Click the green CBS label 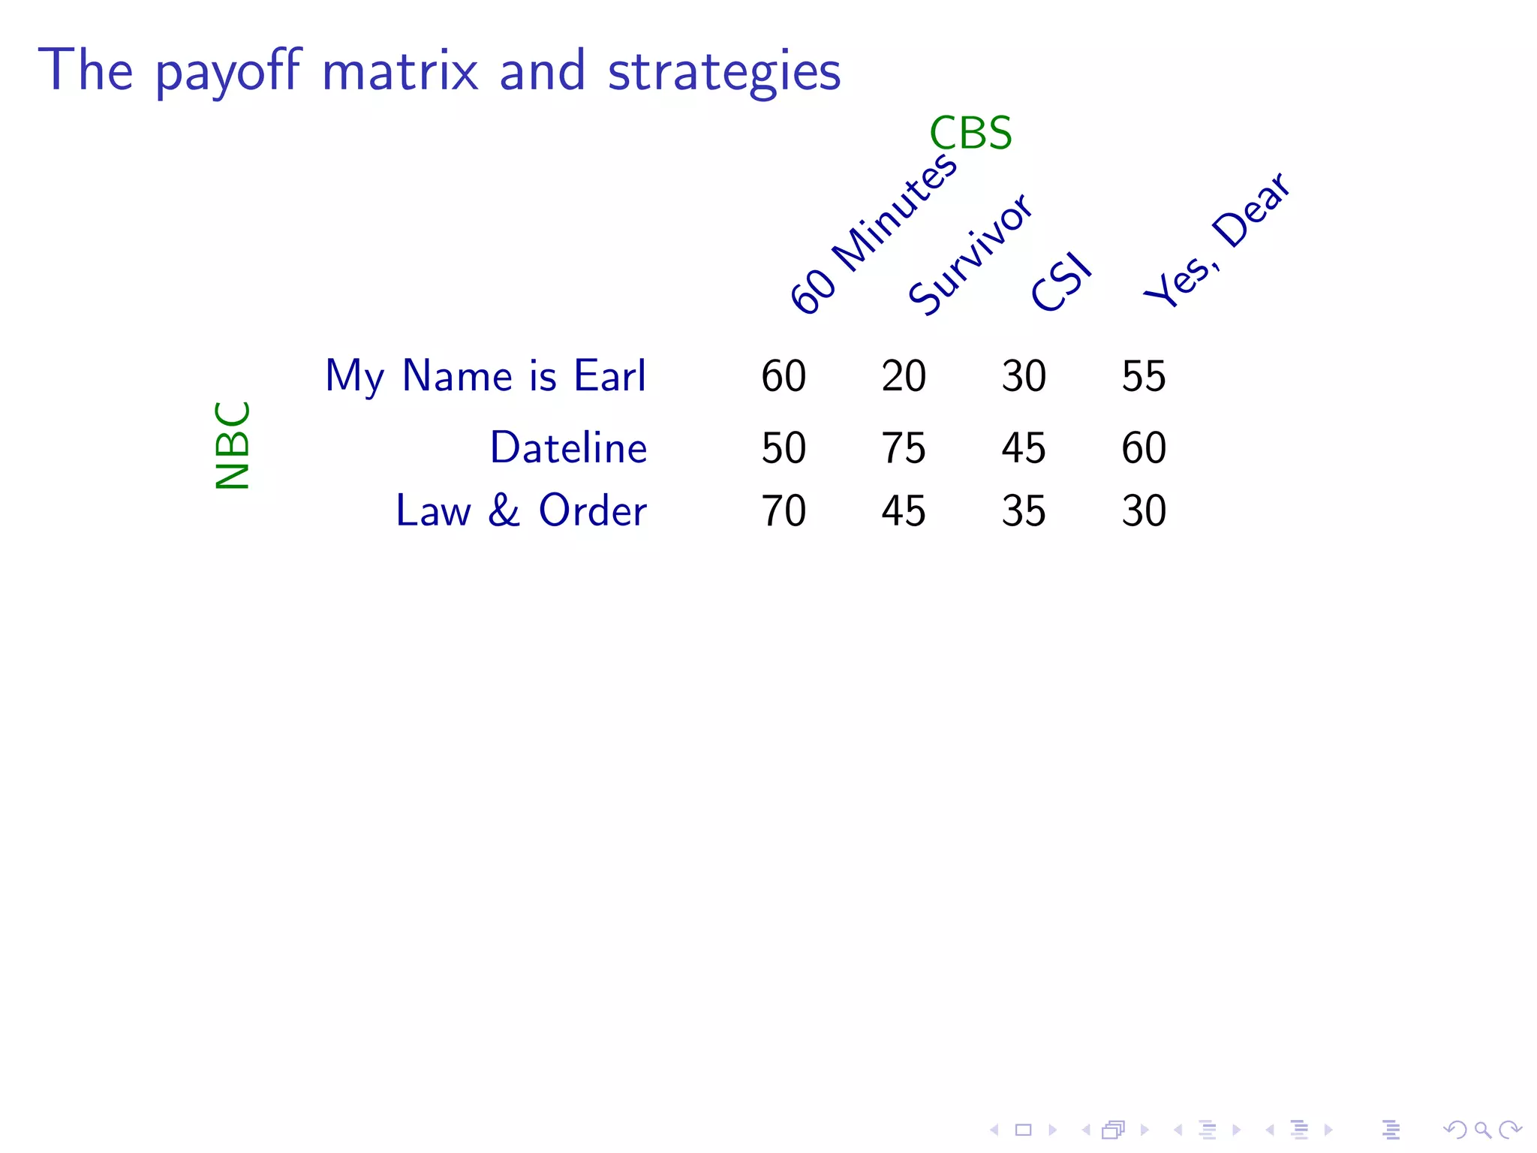(970, 134)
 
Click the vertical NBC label (232, 445)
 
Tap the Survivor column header (970, 254)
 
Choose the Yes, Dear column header (1217, 239)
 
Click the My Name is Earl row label (485, 375)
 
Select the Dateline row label (568, 447)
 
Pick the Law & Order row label (521, 510)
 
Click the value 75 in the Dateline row (904, 448)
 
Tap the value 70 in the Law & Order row (784, 511)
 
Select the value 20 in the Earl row (904, 376)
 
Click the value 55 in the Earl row (1144, 376)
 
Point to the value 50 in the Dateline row (784, 448)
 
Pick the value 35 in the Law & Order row (1024, 511)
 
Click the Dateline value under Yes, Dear (1144, 448)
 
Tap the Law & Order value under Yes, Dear (1144, 511)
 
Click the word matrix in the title (400, 71)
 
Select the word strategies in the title (724, 73)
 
